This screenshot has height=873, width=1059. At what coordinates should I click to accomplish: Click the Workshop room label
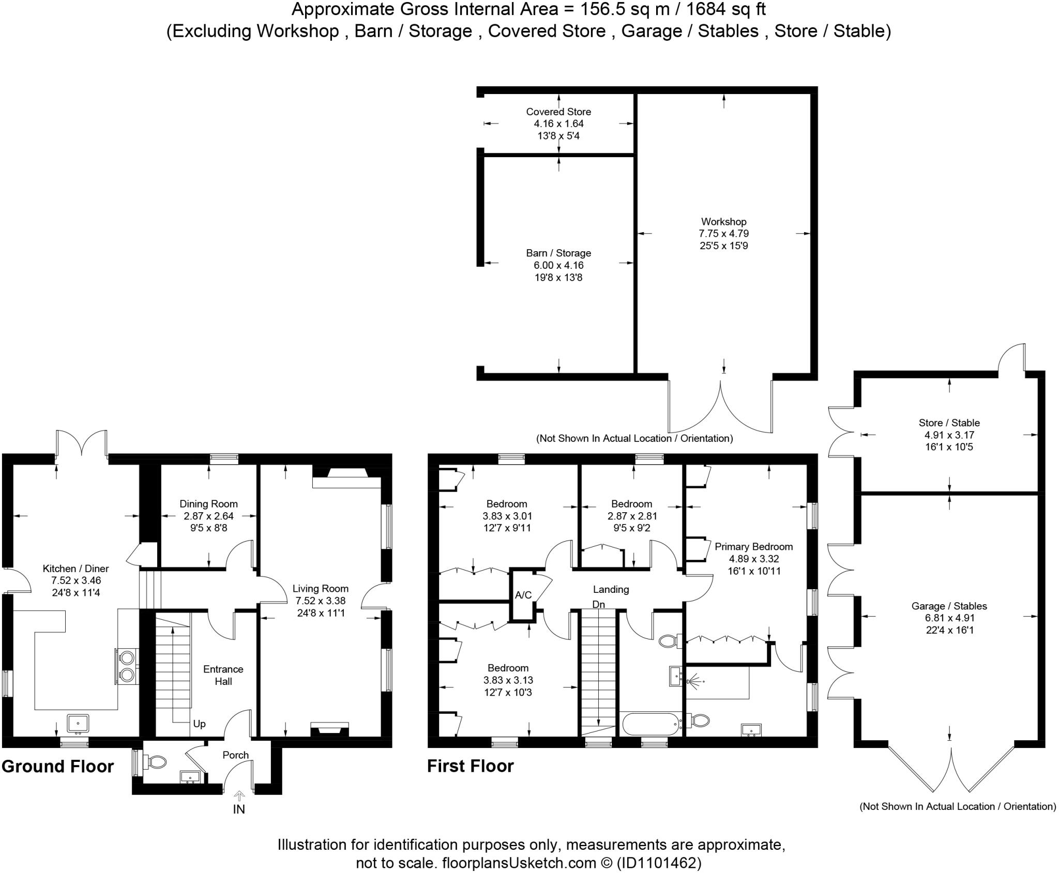pyautogui.click(x=723, y=222)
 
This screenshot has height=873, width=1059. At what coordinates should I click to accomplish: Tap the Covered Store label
pyautogui.click(x=558, y=112)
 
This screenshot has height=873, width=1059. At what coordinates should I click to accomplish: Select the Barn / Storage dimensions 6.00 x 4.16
pyautogui.click(x=558, y=265)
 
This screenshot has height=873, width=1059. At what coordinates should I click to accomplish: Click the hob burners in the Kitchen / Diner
pyautogui.click(x=127, y=666)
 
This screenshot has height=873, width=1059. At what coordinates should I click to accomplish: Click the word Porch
pyautogui.click(x=236, y=755)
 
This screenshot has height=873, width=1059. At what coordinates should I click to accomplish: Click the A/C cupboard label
pyautogui.click(x=523, y=595)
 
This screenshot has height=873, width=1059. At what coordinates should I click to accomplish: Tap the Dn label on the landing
pyautogui.click(x=598, y=604)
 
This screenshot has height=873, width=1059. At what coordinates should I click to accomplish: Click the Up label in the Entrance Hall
pyautogui.click(x=199, y=724)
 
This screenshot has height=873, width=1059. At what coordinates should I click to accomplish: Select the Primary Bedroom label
pyautogui.click(x=753, y=546)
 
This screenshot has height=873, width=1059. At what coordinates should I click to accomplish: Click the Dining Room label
pyautogui.click(x=208, y=503)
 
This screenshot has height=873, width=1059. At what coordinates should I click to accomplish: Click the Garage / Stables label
pyautogui.click(x=949, y=606)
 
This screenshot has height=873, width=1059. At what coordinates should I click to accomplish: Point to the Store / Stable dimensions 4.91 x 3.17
pyautogui.click(x=949, y=435)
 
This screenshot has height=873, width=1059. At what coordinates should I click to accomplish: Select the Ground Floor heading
pyautogui.click(x=57, y=766)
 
